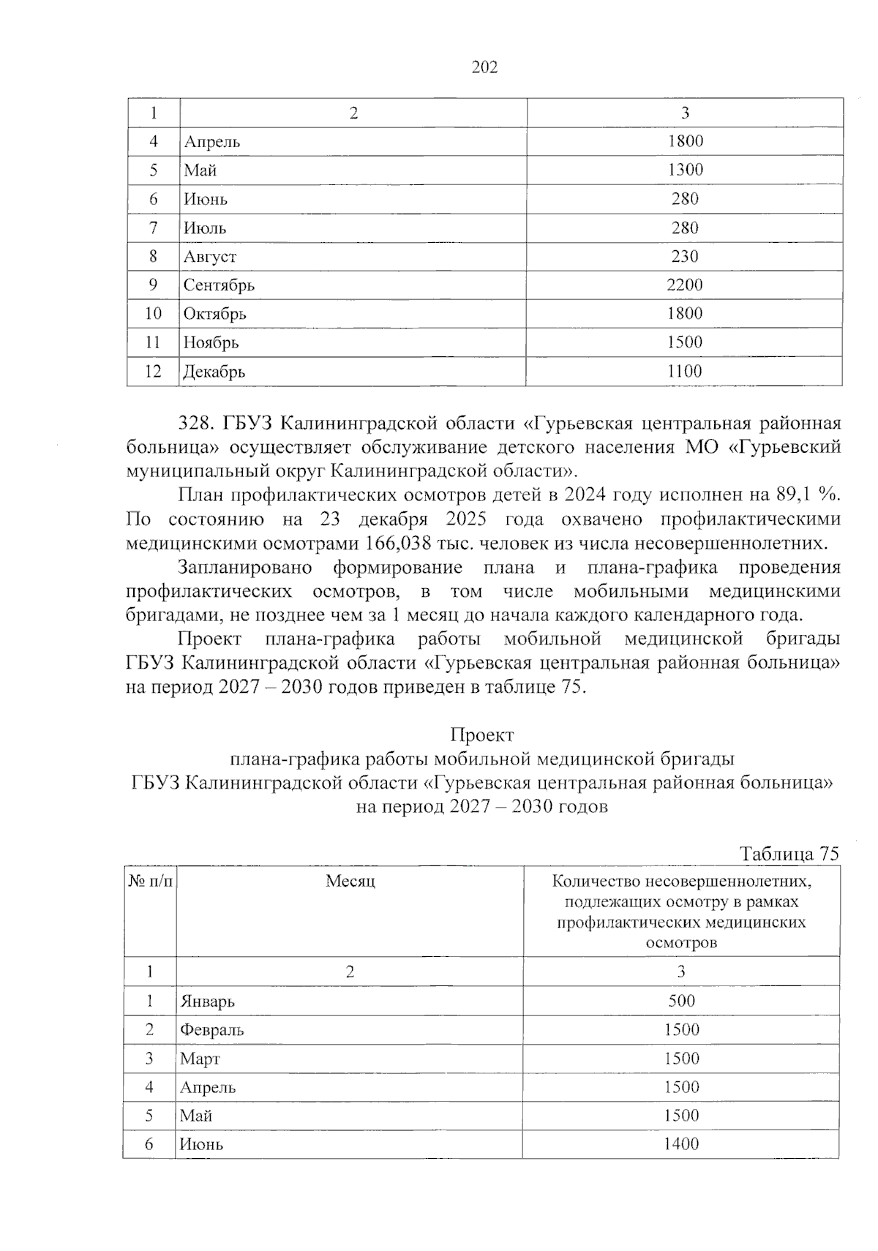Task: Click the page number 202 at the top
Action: coord(484,68)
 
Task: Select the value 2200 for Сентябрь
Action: coord(684,285)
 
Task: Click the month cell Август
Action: coord(210,257)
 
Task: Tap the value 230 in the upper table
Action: coord(684,257)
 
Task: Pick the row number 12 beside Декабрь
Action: coord(153,372)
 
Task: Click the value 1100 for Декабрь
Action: coord(684,372)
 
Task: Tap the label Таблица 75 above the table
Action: coord(789,854)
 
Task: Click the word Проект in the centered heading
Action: coord(482,735)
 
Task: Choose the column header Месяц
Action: coord(350,882)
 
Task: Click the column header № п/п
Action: coord(151,882)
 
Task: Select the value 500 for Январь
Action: coord(681,1001)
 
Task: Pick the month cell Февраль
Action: coord(212,1030)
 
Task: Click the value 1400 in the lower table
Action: coord(681,1144)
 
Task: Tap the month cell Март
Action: coord(200,1059)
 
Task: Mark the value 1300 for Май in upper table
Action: coord(684,170)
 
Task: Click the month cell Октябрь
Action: coord(215,315)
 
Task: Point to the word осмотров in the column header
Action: coord(681,942)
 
